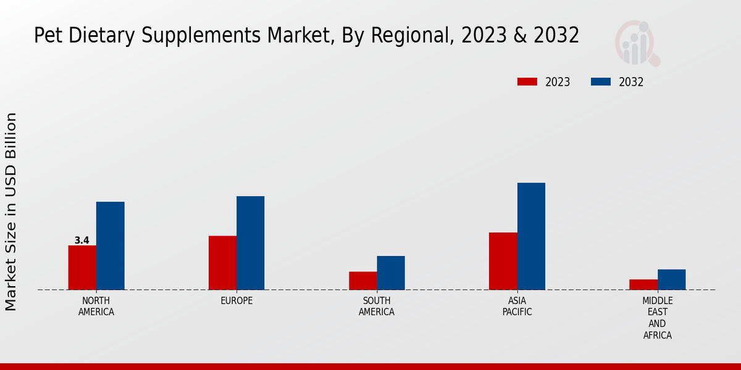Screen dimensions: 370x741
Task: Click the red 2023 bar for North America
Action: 82,268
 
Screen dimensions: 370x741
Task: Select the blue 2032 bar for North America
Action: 110,245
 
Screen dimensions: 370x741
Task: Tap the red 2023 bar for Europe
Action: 222,263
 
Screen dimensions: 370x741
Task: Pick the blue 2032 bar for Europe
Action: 250,243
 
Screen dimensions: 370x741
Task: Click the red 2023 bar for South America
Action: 362,281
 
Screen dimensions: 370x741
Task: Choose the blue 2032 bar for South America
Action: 391,273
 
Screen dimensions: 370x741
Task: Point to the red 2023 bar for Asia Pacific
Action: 503,261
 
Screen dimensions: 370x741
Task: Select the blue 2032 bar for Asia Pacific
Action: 531,236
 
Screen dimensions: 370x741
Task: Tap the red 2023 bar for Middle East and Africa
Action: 643,284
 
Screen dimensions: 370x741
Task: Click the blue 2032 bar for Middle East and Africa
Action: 671,279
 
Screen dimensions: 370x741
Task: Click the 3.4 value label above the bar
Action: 82,240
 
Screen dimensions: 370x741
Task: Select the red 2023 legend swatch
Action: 527,82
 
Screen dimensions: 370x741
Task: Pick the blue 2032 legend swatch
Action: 601,82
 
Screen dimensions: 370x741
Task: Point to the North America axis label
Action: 96,306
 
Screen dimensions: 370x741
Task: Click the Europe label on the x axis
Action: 237,301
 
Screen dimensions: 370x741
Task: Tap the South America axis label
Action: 377,306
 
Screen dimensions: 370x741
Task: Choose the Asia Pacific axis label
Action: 517,306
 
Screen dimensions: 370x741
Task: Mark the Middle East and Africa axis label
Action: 657,318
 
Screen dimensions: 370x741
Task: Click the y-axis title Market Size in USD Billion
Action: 11,212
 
